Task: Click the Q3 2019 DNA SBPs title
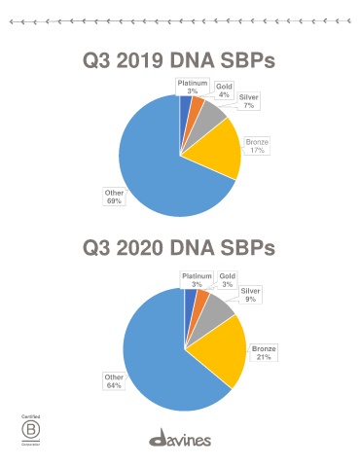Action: point(179,60)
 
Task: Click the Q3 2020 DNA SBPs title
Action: point(179,248)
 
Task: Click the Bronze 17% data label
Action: point(257,146)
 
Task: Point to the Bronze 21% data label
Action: point(264,353)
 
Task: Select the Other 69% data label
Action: point(114,197)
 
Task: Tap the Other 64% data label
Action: point(114,381)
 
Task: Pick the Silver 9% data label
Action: point(250,295)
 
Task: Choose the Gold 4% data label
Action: point(224,90)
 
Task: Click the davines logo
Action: point(180,437)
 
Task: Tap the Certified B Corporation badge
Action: point(31,430)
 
